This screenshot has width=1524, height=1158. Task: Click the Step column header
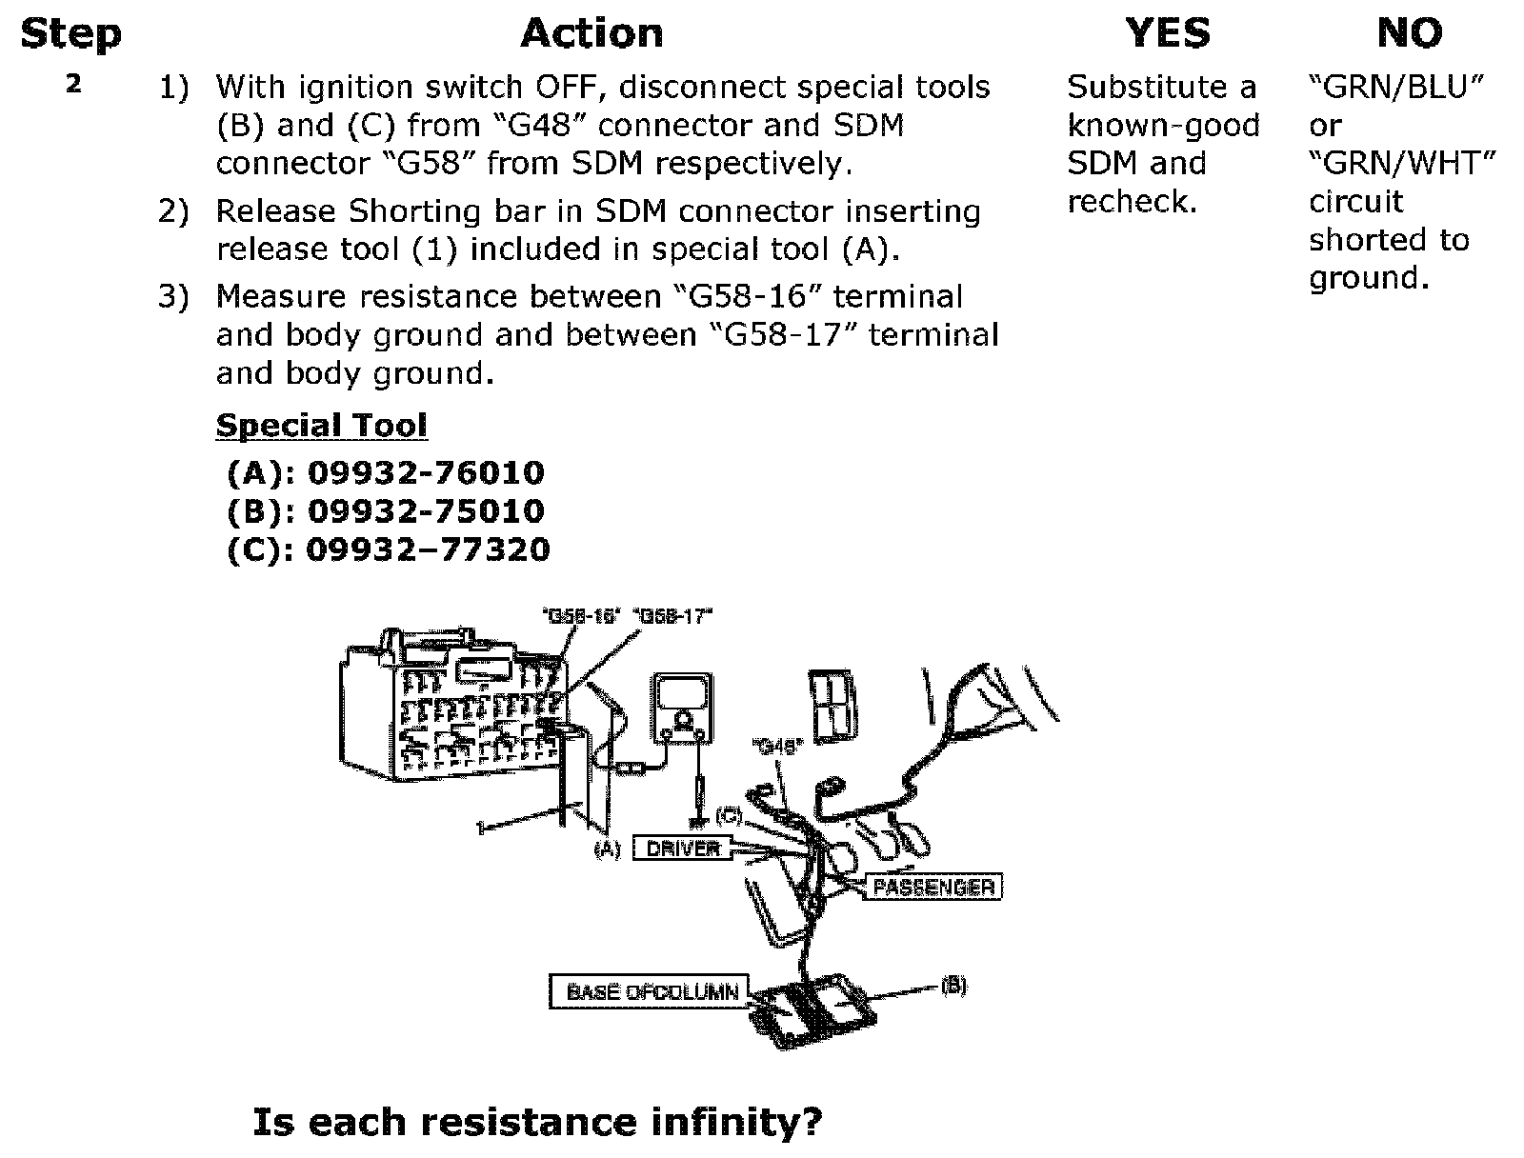point(70,34)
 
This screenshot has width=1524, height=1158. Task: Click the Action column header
point(592,34)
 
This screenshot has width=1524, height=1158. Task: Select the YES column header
point(1168,34)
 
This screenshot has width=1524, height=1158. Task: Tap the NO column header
point(1410,34)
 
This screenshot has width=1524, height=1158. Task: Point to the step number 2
point(73,84)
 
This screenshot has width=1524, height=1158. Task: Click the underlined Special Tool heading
point(321,425)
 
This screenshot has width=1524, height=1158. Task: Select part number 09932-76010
point(427,472)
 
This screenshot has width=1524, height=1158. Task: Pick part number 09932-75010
point(427,510)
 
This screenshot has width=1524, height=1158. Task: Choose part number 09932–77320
point(428,549)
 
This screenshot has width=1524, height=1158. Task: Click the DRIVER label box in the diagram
point(683,848)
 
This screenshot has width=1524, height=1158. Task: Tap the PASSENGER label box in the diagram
point(932,888)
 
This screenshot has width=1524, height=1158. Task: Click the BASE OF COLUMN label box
point(652,991)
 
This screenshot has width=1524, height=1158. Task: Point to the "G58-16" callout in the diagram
point(580,616)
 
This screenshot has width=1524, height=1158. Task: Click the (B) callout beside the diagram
point(953,986)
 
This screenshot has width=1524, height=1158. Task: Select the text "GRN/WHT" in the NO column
point(1401,163)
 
